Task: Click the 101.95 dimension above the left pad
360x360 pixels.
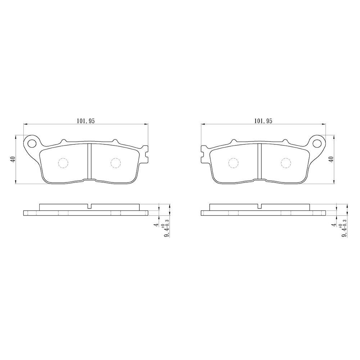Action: pos(85,121)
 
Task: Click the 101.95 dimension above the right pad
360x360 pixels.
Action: pos(263,121)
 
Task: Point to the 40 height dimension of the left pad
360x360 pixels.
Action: pos(13,159)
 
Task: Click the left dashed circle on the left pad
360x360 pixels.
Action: pos(63,163)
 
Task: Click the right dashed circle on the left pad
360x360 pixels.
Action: pos(115,163)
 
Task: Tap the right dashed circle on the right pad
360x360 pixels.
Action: pos(286,163)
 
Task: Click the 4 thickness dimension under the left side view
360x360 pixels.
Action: pos(156,225)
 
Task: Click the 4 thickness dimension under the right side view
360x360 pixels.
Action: pos(334,225)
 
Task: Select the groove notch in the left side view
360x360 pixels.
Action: pos(90,207)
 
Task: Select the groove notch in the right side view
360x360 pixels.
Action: pos(259,207)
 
